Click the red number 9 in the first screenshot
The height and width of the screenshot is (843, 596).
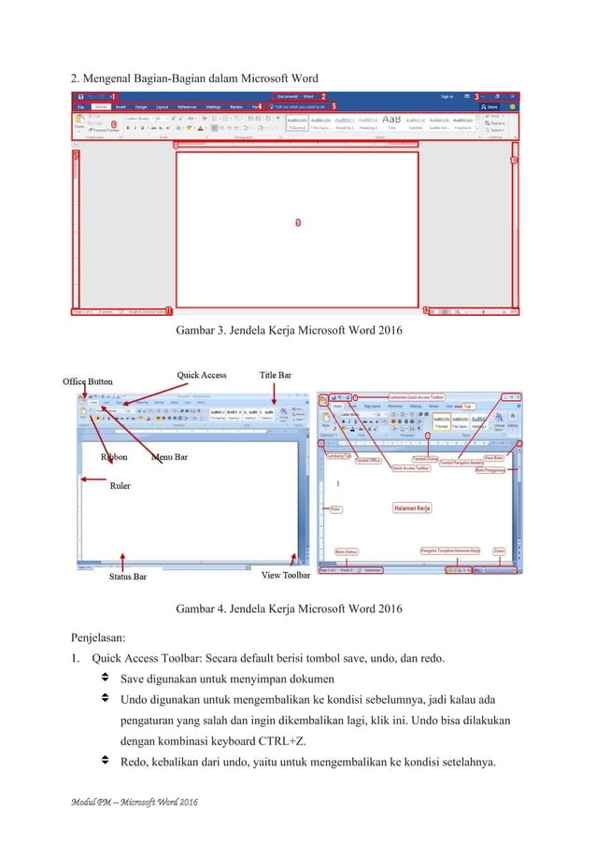tap(297, 222)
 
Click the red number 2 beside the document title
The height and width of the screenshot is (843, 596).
tap(323, 96)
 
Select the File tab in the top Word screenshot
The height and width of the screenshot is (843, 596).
tap(80, 107)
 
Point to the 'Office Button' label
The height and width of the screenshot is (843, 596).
tap(88, 381)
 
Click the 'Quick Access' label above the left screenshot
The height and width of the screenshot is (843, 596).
tap(202, 375)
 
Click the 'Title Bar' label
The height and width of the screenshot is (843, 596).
tap(276, 375)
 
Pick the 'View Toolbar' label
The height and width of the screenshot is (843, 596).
tap(285, 575)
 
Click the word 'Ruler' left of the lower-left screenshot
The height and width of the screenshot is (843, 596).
tap(120, 486)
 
